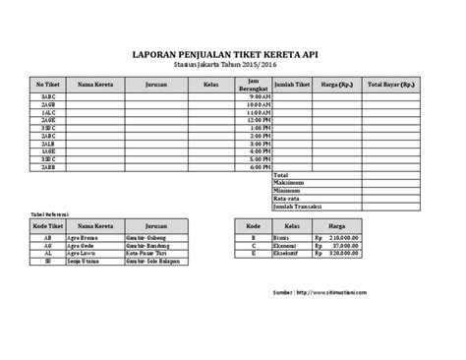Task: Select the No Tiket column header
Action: (x=48, y=85)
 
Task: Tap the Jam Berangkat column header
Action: (x=254, y=85)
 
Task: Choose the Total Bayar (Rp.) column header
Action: (x=391, y=85)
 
